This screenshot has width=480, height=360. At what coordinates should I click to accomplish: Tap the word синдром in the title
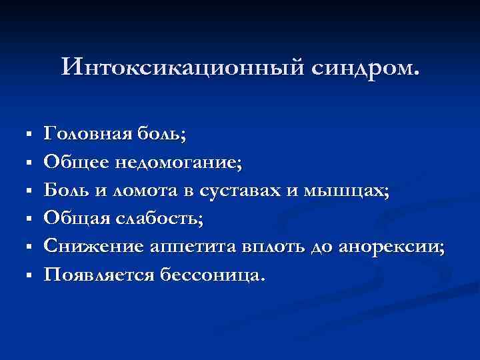(361, 67)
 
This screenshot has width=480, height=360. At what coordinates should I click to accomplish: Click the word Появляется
(98, 274)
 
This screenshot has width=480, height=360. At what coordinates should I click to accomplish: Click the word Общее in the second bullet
(72, 162)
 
